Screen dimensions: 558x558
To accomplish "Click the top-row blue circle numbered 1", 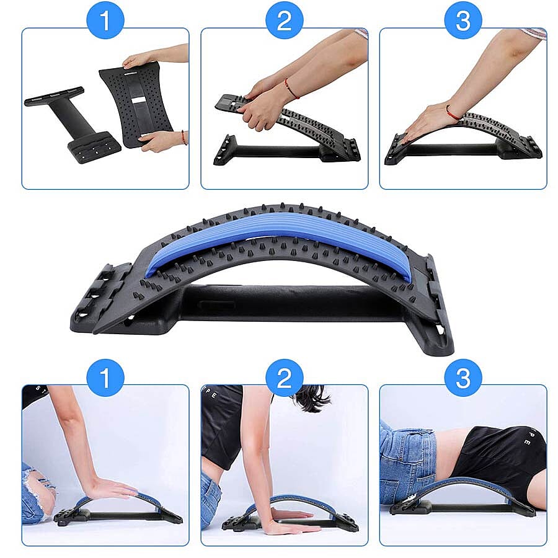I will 105,20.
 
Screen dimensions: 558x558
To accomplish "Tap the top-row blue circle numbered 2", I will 284,20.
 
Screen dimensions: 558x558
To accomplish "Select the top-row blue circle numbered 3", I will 463,20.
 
